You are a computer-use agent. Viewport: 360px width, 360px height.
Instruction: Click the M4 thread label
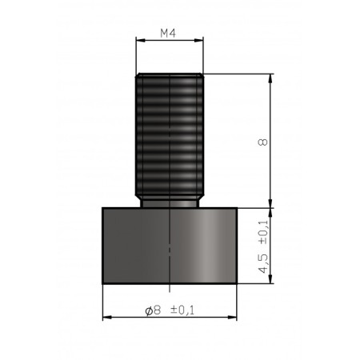click(x=168, y=34)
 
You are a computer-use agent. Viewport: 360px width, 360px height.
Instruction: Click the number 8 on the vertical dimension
click(x=263, y=142)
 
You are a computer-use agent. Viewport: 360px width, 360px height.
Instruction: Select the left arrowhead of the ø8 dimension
click(x=106, y=318)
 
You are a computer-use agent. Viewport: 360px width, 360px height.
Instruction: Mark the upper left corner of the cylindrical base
click(x=103, y=207)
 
